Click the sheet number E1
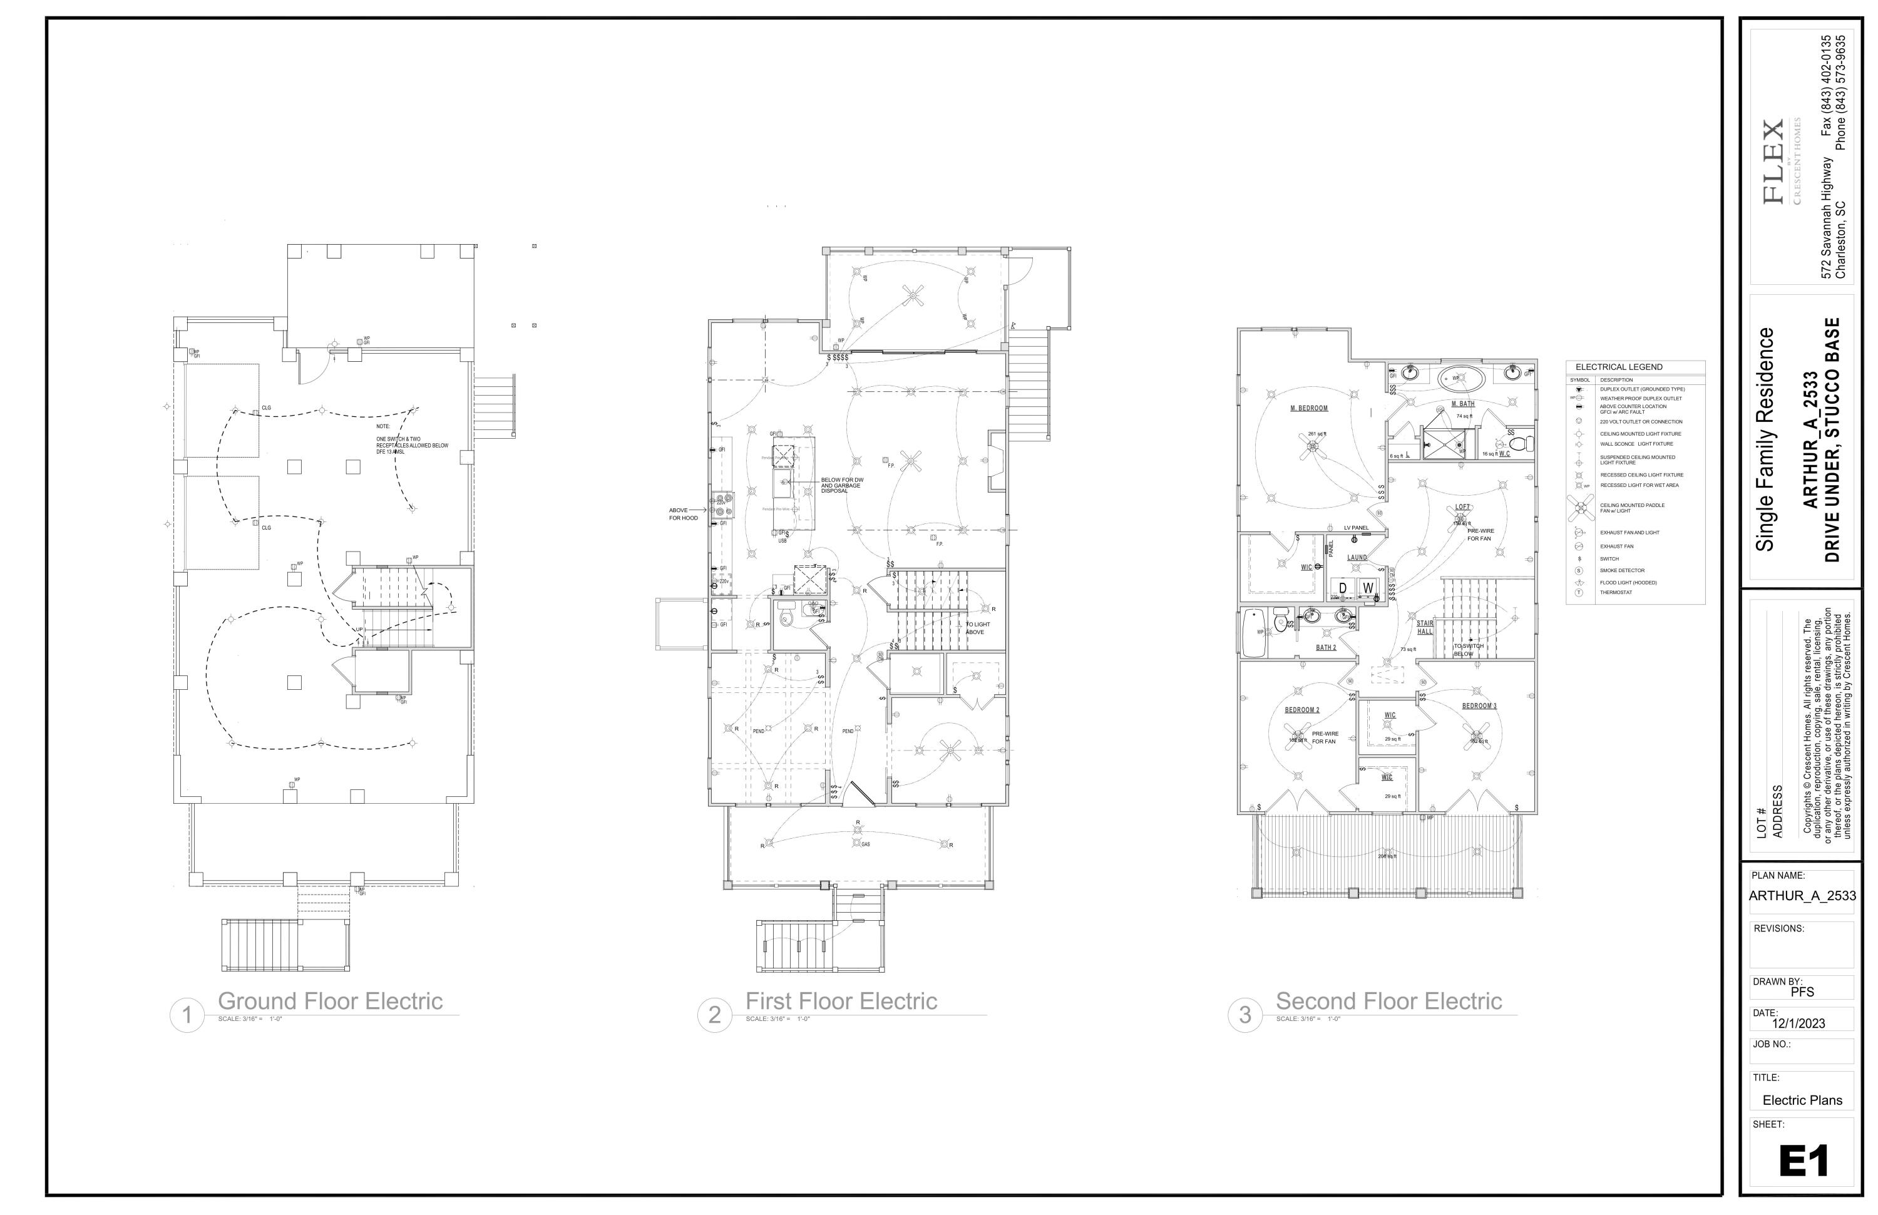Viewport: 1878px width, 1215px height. [x=1803, y=1161]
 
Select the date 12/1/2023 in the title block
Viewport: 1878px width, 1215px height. [x=1798, y=1023]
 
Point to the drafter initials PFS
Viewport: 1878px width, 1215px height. [x=1802, y=992]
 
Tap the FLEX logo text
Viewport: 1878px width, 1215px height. [x=1773, y=161]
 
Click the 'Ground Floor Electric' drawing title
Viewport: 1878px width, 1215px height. [x=330, y=1001]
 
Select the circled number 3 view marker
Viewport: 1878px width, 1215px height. [x=1245, y=1015]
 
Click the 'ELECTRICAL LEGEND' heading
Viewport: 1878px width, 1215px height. [x=1618, y=367]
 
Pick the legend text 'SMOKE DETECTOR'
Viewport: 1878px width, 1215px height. [x=1623, y=570]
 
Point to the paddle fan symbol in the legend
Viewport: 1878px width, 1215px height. [x=1581, y=507]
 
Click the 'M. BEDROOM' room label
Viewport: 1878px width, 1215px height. [x=1309, y=409]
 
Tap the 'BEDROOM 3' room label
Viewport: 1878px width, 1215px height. [x=1479, y=706]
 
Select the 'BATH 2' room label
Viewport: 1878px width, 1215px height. [x=1326, y=648]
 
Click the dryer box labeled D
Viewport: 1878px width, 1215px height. [x=1343, y=588]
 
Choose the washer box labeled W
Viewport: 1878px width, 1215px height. [x=1367, y=588]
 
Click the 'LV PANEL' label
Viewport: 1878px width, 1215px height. [x=1357, y=528]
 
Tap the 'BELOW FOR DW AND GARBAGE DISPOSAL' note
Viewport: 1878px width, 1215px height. [x=842, y=485]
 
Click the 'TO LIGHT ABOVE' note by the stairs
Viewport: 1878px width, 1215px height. [x=978, y=628]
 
